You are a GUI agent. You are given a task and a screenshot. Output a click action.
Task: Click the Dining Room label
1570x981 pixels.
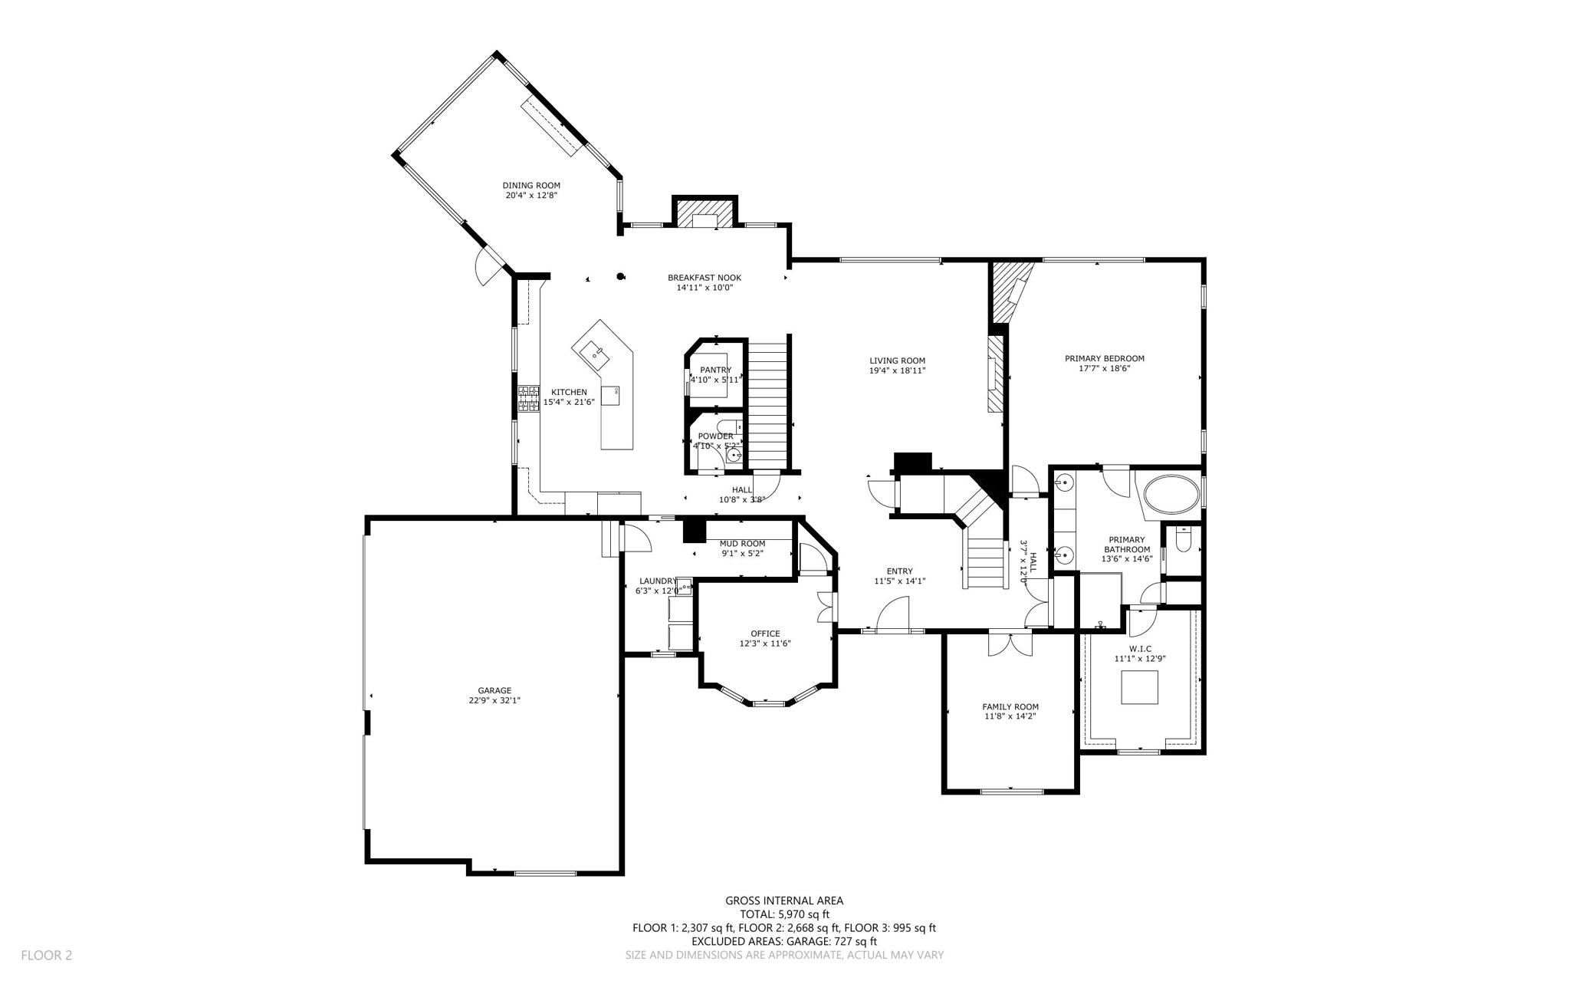531,186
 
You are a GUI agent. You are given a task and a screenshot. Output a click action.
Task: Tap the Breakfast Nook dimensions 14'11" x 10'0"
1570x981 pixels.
705,288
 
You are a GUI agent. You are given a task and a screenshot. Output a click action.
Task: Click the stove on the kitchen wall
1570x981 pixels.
528,399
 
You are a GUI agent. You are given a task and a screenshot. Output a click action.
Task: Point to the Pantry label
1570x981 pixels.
715,370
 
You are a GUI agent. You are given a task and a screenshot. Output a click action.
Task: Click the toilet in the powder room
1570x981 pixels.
728,426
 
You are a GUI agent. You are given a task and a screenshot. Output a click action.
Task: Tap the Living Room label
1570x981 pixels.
897,360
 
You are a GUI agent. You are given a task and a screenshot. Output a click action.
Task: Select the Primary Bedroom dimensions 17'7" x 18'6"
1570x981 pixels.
1104,368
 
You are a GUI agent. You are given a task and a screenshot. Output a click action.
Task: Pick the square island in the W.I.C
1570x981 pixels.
1139,687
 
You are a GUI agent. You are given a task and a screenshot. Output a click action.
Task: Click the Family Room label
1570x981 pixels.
1010,707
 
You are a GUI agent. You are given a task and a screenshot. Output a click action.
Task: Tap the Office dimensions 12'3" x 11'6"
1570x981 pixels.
765,644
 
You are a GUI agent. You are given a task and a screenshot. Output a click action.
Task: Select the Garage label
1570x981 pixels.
494,690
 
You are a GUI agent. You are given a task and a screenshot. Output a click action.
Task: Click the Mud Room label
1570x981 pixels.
742,544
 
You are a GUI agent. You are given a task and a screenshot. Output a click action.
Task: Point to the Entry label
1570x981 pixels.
900,571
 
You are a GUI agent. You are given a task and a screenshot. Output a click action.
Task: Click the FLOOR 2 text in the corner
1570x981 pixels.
46,955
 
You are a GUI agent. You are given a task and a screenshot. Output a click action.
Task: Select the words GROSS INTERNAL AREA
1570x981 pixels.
784,901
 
